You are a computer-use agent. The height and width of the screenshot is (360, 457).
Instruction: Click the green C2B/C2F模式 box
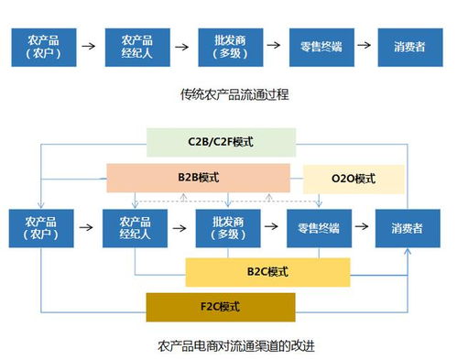(221, 142)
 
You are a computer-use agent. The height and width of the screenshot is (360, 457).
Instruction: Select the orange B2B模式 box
(197, 177)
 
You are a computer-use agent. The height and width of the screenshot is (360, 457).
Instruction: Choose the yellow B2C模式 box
(267, 271)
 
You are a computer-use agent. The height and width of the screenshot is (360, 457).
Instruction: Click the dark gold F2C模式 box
(220, 306)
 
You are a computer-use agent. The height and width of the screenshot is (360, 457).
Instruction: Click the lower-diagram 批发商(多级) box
(227, 228)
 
